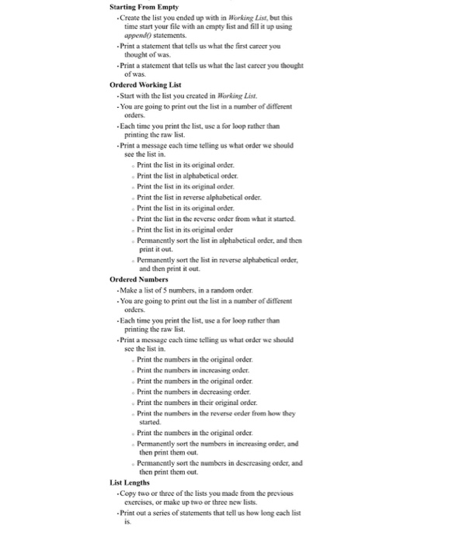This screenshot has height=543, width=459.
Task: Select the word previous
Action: (x=279, y=493)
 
